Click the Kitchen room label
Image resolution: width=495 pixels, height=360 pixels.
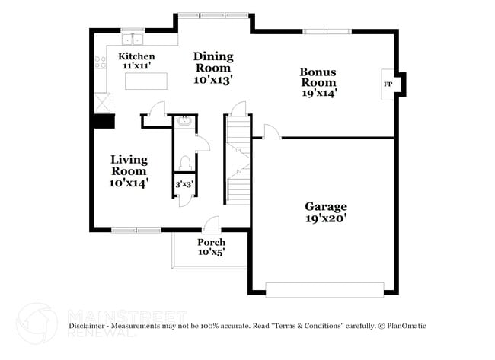point(136,56)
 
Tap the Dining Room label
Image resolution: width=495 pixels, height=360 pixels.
point(212,56)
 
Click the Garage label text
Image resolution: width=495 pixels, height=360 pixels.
point(326,206)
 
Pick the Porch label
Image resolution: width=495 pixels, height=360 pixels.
point(211,242)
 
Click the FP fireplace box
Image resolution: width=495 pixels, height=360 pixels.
point(388,84)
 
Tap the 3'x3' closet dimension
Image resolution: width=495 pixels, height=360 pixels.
point(184,184)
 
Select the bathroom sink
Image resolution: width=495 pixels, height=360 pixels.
point(184,120)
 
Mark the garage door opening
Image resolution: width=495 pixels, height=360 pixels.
point(324,289)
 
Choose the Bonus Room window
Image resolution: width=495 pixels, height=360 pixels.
point(327,31)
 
